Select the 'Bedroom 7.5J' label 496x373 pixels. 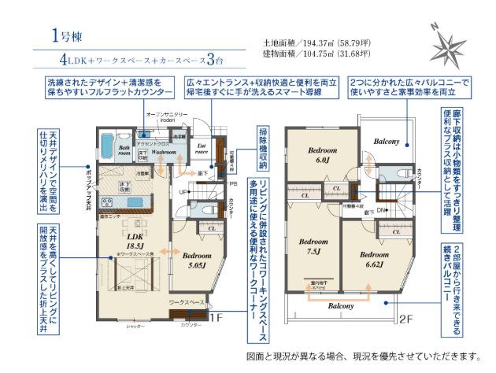point(314,246)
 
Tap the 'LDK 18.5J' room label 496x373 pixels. point(135,240)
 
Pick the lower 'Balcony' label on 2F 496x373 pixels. point(340,305)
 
